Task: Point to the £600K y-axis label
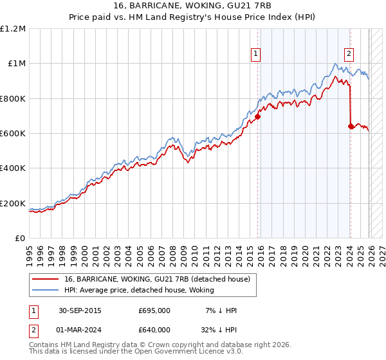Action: pos(13,134)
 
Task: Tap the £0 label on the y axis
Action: pos(19,239)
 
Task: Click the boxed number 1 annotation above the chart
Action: pos(256,55)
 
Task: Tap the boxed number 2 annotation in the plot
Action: pos(349,55)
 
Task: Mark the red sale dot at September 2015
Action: pos(257,117)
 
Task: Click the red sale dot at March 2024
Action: pos(351,127)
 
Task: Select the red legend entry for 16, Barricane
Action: pos(161,279)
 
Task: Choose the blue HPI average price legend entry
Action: pos(142,291)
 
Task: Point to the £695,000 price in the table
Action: pos(154,310)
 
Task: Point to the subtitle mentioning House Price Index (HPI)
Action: pos(192,18)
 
